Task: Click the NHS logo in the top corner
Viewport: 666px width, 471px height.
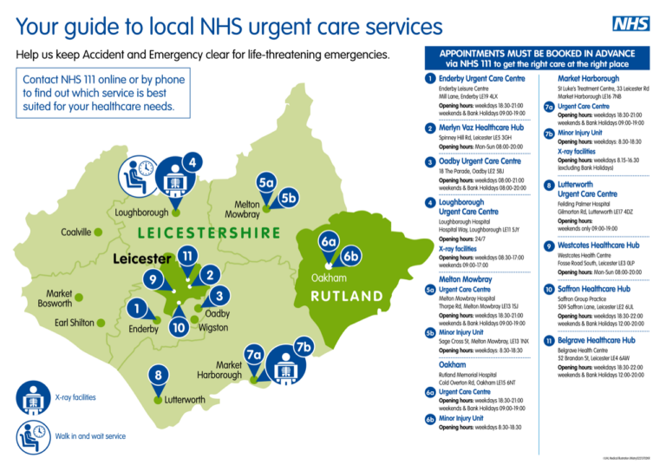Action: [x=630, y=24]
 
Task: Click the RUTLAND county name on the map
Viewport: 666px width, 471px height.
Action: [x=347, y=294]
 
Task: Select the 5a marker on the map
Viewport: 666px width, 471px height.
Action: [x=266, y=183]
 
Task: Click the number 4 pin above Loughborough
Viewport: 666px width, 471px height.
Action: [x=195, y=162]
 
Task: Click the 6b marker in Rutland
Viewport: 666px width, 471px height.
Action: [x=351, y=257]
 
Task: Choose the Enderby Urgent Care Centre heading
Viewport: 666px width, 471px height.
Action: [x=482, y=79]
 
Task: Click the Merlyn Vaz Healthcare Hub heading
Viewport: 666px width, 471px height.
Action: [x=481, y=128]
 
